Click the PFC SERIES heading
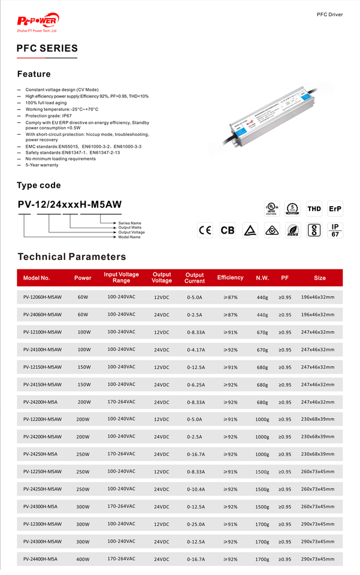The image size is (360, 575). [x=47, y=49]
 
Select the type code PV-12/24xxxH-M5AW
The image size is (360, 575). [x=70, y=204]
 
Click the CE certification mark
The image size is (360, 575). [x=205, y=231]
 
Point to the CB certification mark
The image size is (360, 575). [x=228, y=231]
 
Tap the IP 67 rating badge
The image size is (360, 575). [x=335, y=231]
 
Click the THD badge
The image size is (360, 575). [x=314, y=209]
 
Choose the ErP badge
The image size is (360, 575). [x=335, y=209]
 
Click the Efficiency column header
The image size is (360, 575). [x=230, y=278]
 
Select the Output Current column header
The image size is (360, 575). [x=195, y=278]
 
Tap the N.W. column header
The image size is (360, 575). [x=262, y=278]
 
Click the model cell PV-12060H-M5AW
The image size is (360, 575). [x=43, y=297]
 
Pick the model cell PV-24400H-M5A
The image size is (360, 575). [x=40, y=559]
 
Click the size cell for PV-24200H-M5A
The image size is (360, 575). [x=317, y=402]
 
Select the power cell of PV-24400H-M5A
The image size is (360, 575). [x=83, y=559]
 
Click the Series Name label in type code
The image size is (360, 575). [x=129, y=223]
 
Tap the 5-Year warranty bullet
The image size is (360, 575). [x=42, y=165]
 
